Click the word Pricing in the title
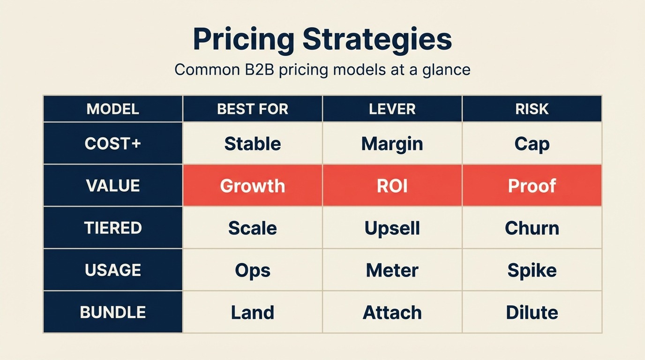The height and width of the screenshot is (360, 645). coord(243,39)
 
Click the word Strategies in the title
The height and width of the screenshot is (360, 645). coord(377,39)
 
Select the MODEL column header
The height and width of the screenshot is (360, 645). coord(112,109)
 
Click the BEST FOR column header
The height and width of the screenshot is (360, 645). coord(252,109)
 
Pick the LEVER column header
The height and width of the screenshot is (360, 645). coord(392,109)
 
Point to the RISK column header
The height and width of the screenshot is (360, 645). coord(532,109)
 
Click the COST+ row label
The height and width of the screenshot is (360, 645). coord(112,143)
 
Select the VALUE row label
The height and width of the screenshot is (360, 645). coord(112,186)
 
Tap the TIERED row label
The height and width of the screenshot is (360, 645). coord(112,228)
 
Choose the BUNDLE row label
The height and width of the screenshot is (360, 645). coord(112,312)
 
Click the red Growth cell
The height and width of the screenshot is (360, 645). coord(252,186)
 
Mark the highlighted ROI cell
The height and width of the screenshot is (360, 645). coord(392,186)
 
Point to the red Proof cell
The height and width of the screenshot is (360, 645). coord(532,186)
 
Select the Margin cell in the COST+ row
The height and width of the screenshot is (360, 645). coord(392,143)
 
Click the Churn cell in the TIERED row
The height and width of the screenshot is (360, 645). coord(532,228)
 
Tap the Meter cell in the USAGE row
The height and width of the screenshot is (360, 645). coord(392,270)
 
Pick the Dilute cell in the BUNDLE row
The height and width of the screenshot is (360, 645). coord(532,312)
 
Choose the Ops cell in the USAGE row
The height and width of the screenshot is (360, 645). coord(252,270)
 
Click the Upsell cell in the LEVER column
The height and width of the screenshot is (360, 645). coord(392,228)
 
